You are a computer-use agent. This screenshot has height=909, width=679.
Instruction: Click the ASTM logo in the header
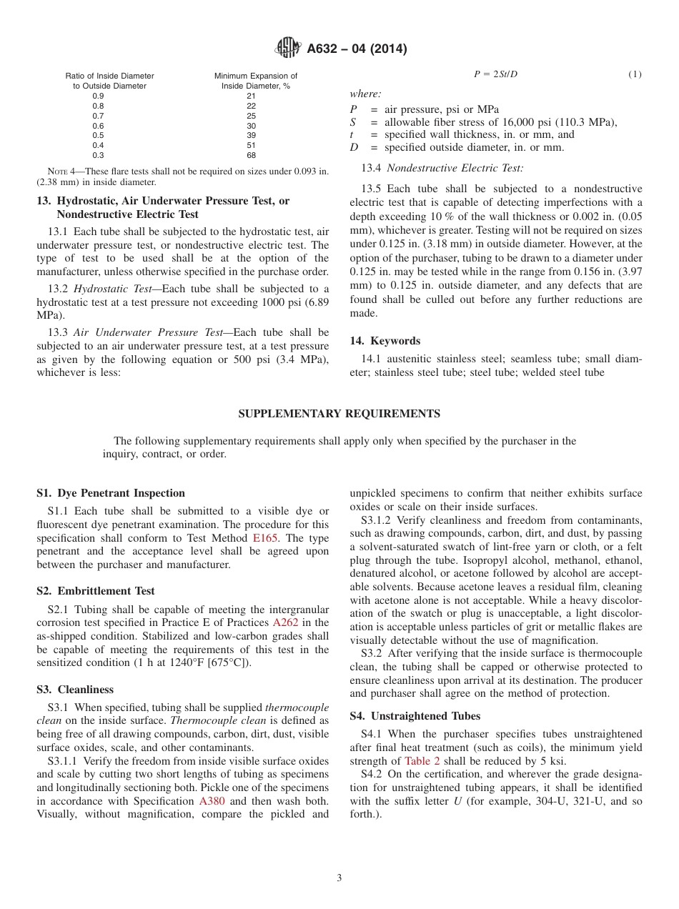tap(288, 49)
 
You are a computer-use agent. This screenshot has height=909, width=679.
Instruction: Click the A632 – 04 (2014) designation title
tap(357, 49)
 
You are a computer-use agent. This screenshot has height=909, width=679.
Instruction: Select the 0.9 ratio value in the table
tap(98, 96)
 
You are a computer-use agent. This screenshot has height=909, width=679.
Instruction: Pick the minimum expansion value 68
tap(251, 155)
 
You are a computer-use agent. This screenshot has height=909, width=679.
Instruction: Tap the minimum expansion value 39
tap(251, 135)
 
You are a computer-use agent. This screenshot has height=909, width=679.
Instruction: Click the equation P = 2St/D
tap(495, 74)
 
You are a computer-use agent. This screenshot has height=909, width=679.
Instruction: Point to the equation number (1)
tap(635, 74)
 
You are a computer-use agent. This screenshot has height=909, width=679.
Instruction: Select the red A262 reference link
tap(285, 623)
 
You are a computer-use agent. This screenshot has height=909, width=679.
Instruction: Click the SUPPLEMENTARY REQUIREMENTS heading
tap(339, 414)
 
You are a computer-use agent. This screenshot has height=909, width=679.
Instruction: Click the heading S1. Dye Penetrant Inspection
tap(111, 493)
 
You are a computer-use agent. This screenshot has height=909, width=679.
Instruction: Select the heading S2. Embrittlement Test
tap(96, 591)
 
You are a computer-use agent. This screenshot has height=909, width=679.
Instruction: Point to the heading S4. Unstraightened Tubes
tap(415, 716)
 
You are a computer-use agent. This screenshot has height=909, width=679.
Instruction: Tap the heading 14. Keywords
tap(385, 341)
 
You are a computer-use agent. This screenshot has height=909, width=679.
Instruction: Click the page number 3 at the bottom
tap(339, 878)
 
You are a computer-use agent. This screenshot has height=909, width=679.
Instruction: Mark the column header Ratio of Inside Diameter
tap(109, 76)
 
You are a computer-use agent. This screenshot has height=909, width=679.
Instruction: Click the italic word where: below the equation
tap(365, 94)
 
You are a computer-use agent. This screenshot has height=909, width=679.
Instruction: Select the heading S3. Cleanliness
tap(75, 690)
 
